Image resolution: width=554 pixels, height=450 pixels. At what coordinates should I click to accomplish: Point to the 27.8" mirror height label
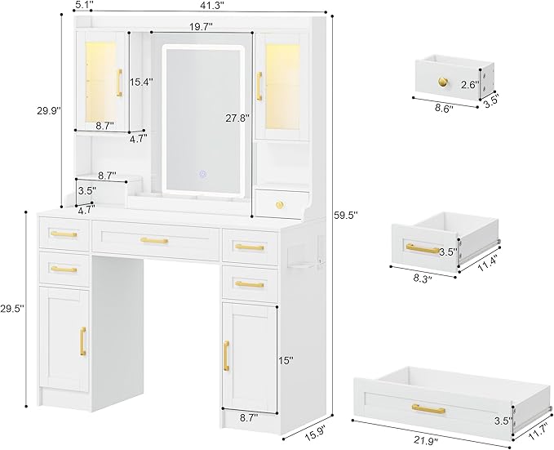click(x=237, y=118)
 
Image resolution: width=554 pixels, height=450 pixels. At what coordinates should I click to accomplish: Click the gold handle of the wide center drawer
click(x=154, y=240)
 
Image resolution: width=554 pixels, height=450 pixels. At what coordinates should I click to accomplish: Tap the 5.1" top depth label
click(x=82, y=6)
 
